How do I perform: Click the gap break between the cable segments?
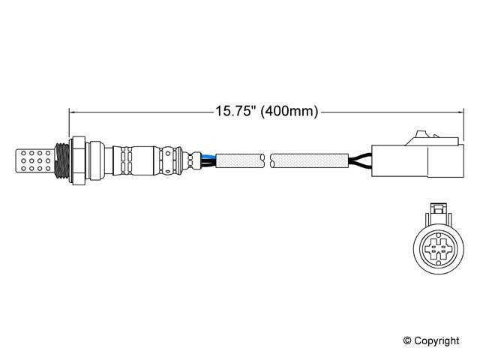click(x=268, y=159)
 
